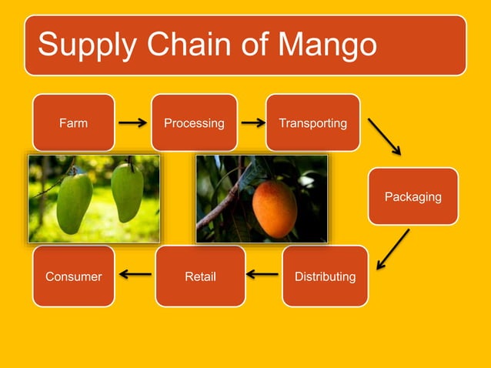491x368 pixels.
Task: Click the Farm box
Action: [x=73, y=122]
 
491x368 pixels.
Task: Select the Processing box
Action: [x=194, y=122]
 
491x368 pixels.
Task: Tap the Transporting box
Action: [x=312, y=122]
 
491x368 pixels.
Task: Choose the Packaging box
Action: [x=413, y=196]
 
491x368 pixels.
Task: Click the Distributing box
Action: [x=325, y=276]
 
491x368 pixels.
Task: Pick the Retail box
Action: [x=200, y=276]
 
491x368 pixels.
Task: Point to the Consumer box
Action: [x=73, y=276]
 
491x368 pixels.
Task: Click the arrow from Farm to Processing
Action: [x=132, y=122]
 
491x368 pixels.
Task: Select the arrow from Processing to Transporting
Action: [x=252, y=122]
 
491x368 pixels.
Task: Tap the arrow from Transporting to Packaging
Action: [x=385, y=136]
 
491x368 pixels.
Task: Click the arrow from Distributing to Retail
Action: [x=262, y=273]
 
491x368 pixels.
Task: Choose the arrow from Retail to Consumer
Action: [x=135, y=273]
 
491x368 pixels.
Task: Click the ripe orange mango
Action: [x=274, y=208]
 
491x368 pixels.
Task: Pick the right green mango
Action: [x=127, y=192]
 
